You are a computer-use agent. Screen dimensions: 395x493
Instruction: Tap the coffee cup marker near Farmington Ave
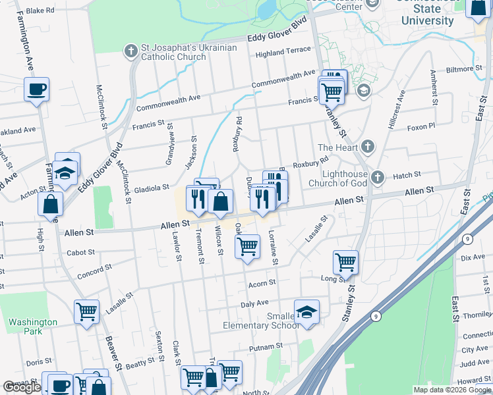pyautogui.click(x=36, y=89)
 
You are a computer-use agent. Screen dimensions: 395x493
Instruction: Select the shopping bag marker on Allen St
pyautogui.click(x=220, y=201)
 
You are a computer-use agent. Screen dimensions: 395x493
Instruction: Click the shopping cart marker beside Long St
pyautogui.click(x=345, y=262)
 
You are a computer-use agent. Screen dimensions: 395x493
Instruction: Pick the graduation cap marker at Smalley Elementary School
pyautogui.click(x=306, y=312)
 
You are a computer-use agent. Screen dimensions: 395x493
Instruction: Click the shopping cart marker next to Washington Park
pyautogui.click(x=86, y=312)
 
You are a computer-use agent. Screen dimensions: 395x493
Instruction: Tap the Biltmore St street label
pyautogui.click(x=465, y=68)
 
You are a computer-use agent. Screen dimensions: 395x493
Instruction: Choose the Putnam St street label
pyautogui.click(x=266, y=346)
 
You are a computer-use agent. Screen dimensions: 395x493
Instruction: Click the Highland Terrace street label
pyautogui.click(x=283, y=51)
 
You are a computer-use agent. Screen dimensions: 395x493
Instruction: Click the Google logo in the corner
pyautogui.click(x=22, y=387)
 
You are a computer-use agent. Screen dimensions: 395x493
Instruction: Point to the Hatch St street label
pyautogui.click(x=407, y=175)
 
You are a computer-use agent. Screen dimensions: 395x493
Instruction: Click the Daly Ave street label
pyautogui.click(x=254, y=303)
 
